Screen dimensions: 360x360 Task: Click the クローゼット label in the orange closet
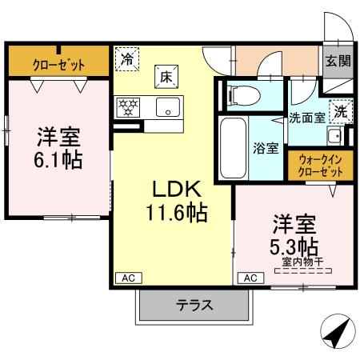[59, 63]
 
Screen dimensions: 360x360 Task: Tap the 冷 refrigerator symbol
[126, 58]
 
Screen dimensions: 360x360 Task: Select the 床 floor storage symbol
[166, 77]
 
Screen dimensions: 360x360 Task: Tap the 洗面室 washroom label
[306, 116]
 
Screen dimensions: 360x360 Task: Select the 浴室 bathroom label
[266, 148]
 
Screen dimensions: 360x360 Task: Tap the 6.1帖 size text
[57, 160]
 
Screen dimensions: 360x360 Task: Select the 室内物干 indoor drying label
[303, 261]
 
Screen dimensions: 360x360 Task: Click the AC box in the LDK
[126, 278]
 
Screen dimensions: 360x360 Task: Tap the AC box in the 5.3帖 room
[249, 278]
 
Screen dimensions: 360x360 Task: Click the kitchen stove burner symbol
[128, 105]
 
